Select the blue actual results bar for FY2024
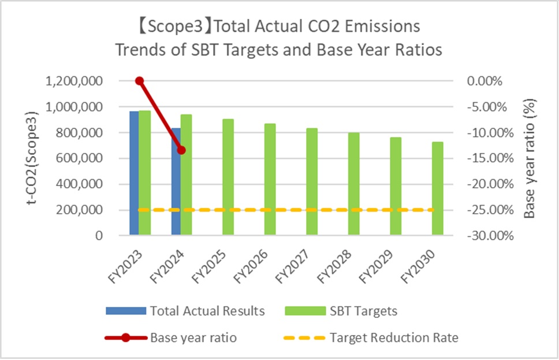[x=176, y=185]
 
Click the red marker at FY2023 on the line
[x=139, y=81]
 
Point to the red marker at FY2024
[x=181, y=150]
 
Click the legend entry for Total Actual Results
[x=185, y=311]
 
